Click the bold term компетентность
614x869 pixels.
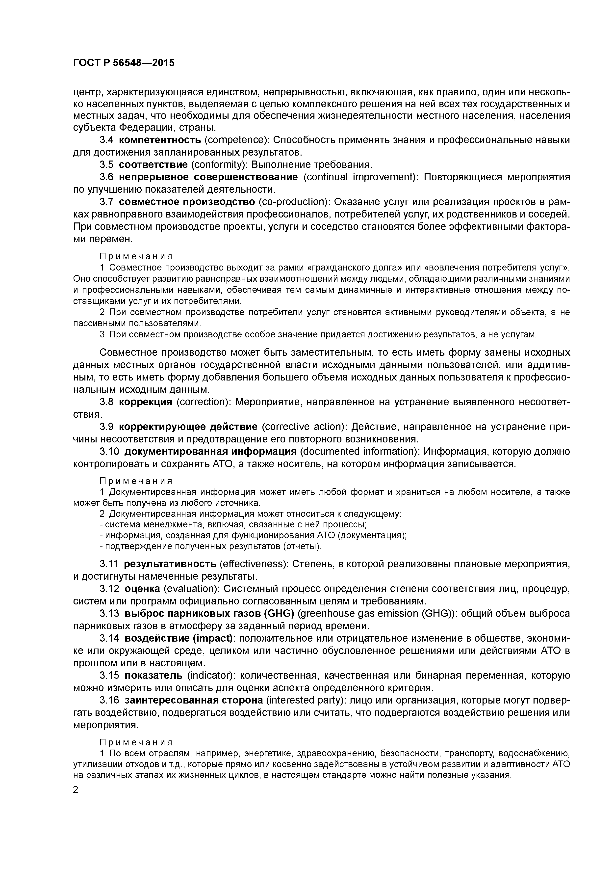pyautogui.click(x=160, y=140)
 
